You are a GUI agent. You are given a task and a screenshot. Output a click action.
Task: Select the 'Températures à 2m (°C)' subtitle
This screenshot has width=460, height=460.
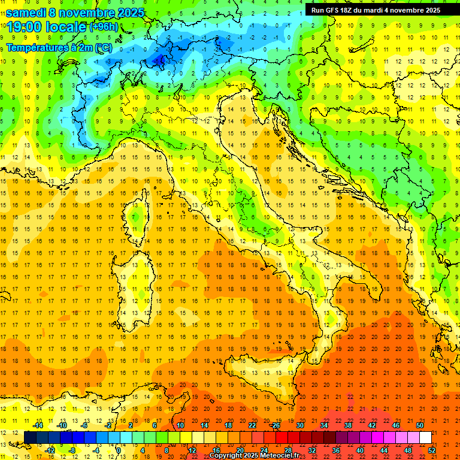click(59, 47)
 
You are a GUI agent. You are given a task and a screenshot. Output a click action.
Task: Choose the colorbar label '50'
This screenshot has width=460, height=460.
click(420, 425)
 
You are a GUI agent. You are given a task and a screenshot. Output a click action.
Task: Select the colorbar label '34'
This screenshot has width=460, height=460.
click(324, 425)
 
